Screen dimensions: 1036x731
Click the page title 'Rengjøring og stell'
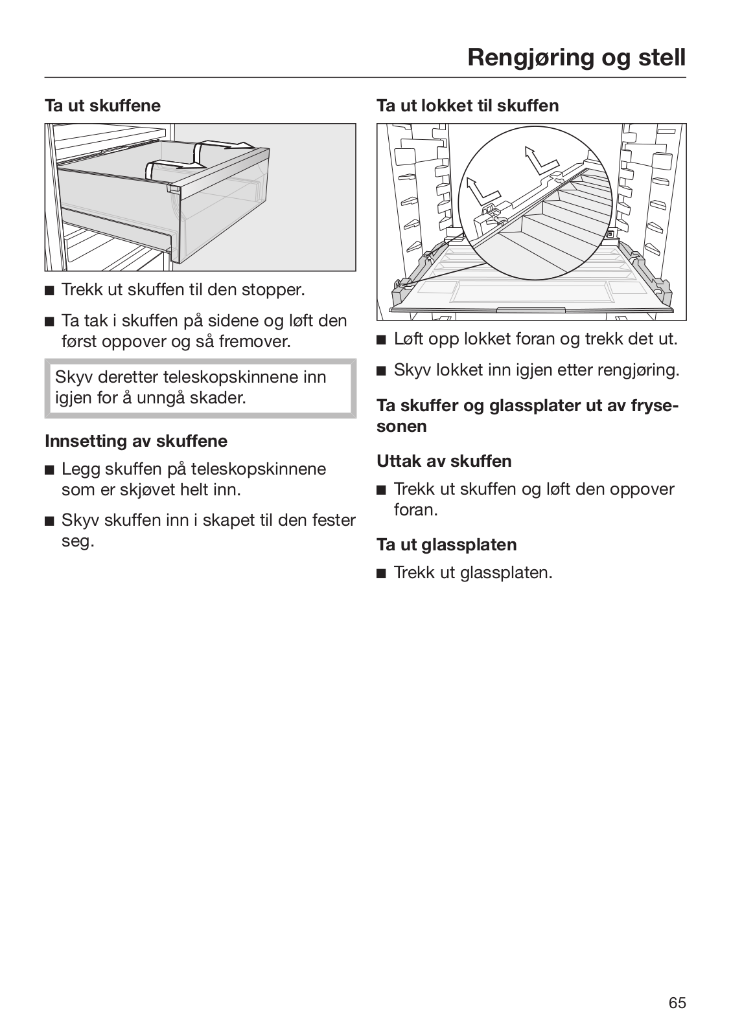pyautogui.click(x=575, y=58)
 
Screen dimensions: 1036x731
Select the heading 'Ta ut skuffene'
pyautogui.click(x=102, y=106)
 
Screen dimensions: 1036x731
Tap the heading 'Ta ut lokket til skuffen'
pyautogui.click(x=467, y=106)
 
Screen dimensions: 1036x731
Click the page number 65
pyautogui.click(x=677, y=1003)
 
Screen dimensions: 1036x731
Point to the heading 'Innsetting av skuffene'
pyautogui.click(x=136, y=441)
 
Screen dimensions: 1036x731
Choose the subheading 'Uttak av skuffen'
pyautogui.click(x=444, y=461)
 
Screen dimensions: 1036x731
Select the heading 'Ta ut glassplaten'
pyautogui.click(x=447, y=545)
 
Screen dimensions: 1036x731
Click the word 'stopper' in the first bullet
pyautogui.click(x=272, y=289)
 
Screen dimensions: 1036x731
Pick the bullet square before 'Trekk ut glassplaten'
pyautogui.click(x=381, y=574)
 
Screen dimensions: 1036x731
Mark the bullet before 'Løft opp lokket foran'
pyautogui.click(x=381, y=339)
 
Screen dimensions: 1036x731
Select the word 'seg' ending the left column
pyautogui.click(x=76, y=541)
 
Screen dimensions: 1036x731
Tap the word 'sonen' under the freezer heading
pyautogui.click(x=401, y=427)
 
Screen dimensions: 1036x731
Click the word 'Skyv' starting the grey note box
pyautogui.click(x=73, y=377)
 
